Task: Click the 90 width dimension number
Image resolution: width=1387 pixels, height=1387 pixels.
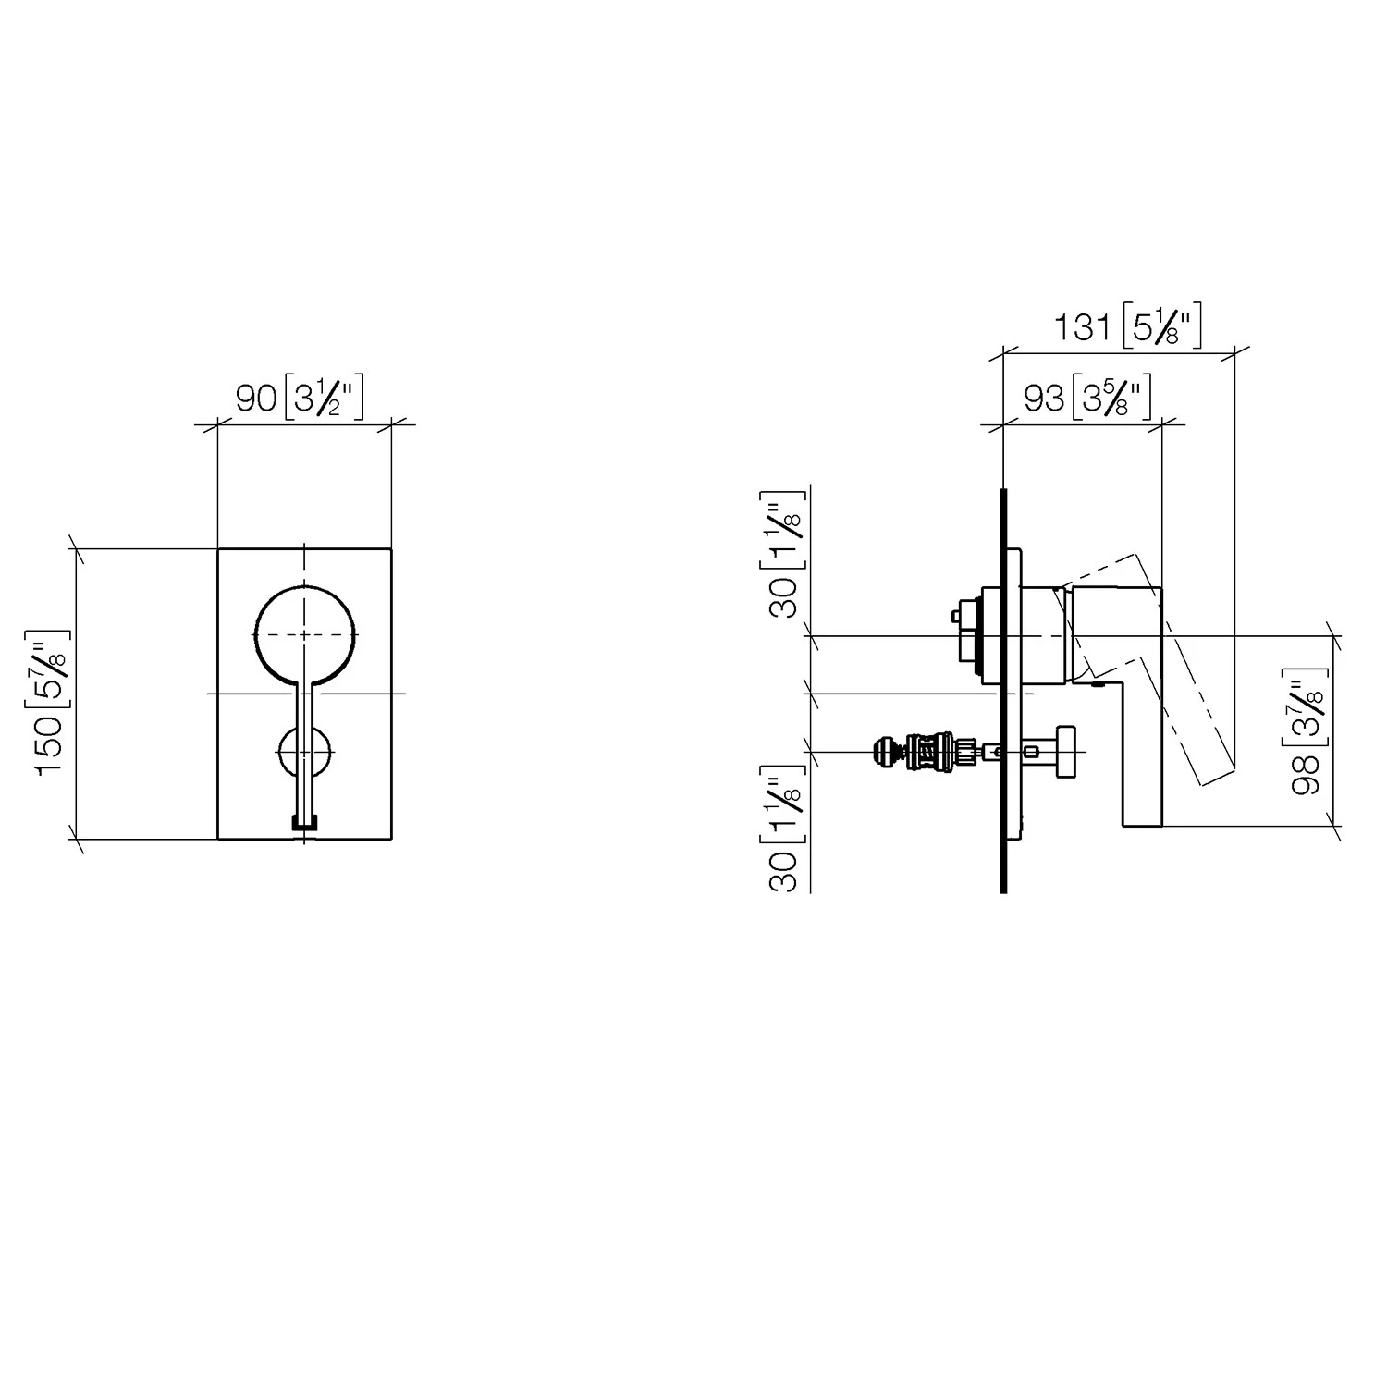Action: coord(256,399)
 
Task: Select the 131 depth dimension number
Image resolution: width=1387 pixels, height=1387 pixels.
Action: coord(1083,326)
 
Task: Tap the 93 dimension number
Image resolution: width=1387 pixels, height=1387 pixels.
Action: coord(1044,399)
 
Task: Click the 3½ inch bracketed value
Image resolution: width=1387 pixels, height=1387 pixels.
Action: coord(325,399)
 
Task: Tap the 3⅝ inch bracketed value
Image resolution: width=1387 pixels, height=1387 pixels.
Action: coord(1112,399)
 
